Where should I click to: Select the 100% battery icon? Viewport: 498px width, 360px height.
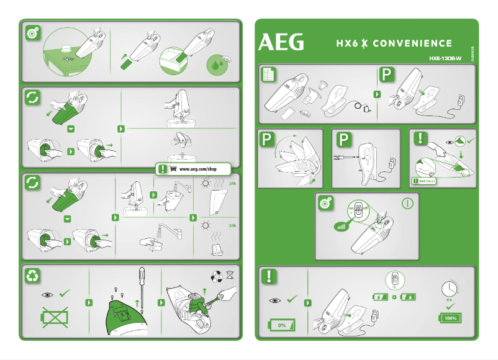[450, 318]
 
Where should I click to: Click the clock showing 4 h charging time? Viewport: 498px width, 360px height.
[451, 289]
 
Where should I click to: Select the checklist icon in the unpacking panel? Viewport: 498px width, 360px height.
[269, 75]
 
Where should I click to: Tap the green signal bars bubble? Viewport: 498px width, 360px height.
[340, 225]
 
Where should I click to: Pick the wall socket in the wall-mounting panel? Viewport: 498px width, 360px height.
[392, 162]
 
